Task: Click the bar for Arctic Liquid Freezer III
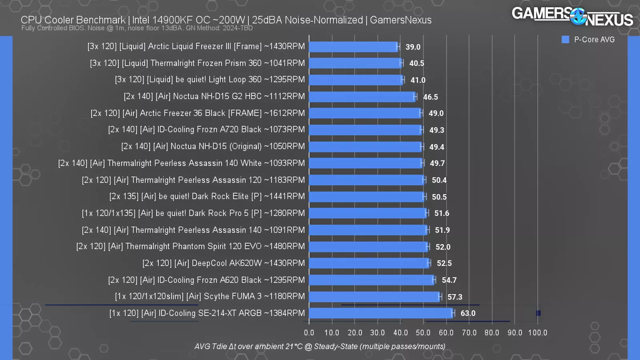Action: [354, 47]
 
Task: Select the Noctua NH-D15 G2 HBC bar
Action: [362, 97]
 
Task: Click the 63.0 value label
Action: [468, 313]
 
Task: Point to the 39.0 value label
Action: [413, 47]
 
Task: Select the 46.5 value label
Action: [430, 97]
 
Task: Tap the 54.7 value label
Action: [449, 280]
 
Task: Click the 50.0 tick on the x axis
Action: [423, 332]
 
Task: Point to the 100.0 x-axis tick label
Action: [538, 332]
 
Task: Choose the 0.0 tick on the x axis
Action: [309, 332]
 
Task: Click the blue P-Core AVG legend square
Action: [565, 39]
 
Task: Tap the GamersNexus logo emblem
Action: [578, 16]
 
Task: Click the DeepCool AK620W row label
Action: [224, 263]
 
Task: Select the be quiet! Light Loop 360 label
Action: [210, 80]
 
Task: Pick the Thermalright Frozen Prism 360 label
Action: [198, 63]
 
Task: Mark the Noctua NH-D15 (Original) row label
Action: [213, 146]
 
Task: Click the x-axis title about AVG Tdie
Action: [320, 346]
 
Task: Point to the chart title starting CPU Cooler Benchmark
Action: [226, 20]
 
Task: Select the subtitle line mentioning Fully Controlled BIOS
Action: [137, 28]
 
